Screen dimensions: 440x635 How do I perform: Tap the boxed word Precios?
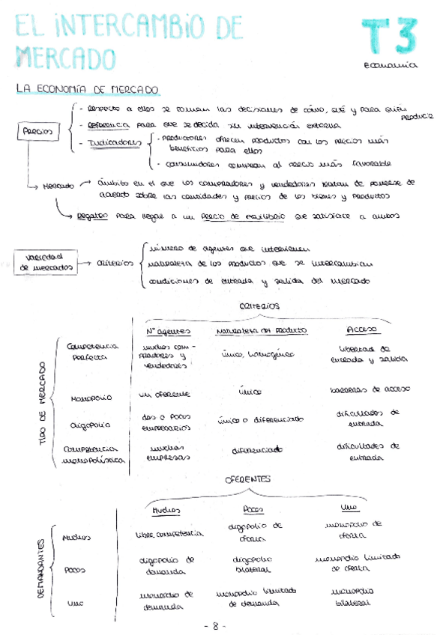click(x=36, y=131)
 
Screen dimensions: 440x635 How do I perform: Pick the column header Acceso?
click(x=364, y=329)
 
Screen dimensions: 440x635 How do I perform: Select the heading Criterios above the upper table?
click(x=259, y=306)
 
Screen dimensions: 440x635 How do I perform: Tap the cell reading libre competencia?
click(x=169, y=534)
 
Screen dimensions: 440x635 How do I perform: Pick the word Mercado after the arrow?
click(x=59, y=184)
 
